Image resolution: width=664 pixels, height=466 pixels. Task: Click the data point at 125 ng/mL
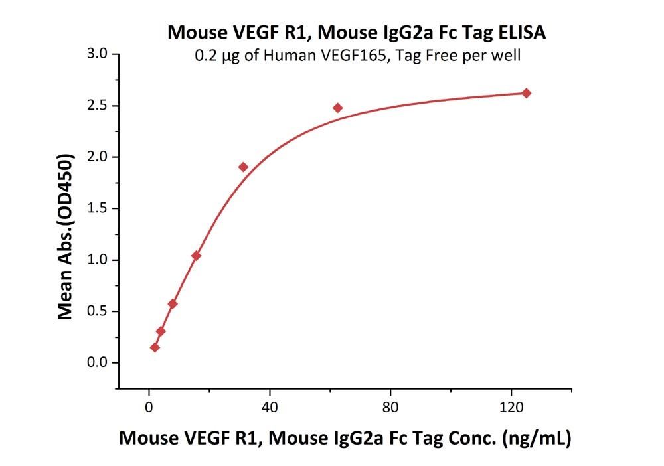(x=527, y=93)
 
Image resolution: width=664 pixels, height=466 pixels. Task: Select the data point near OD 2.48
(x=337, y=108)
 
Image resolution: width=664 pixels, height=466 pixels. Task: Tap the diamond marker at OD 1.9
(x=243, y=167)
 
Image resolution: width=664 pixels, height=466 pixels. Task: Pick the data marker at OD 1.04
(x=196, y=256)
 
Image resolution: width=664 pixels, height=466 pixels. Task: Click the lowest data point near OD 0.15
(x=155, y=347)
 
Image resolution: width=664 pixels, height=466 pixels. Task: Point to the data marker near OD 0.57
(x=173, y=304)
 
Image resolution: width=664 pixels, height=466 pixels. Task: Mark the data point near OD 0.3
(x=161, y=331)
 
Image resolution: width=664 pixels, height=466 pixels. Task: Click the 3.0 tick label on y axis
(x=97, y=54)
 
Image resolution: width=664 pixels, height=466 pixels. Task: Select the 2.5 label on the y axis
(x=97, y=106)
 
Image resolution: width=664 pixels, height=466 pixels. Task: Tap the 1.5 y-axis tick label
(x=97, y=208)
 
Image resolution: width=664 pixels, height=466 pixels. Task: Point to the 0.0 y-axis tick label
(x=97, y=363)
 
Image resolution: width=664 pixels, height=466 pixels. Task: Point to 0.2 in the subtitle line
(x=203, y=56)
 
